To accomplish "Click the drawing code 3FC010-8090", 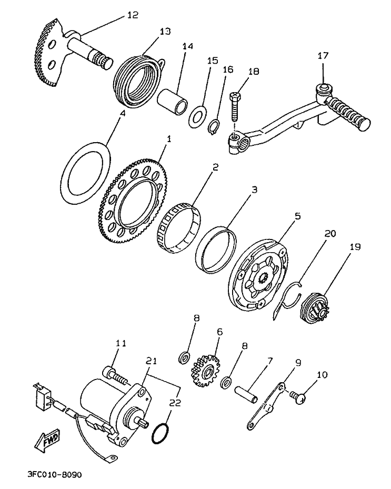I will point(55,474).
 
